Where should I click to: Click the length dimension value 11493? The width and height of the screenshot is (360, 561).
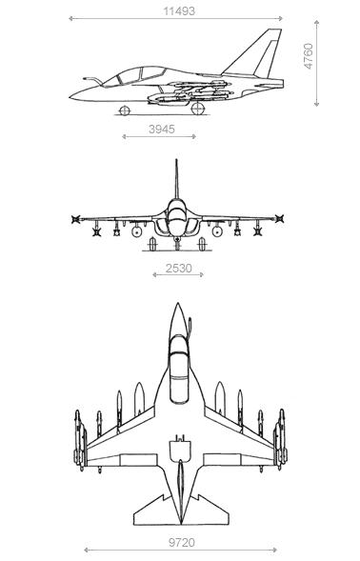[178, 10]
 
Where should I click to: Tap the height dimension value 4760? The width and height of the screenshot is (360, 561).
[309, 55]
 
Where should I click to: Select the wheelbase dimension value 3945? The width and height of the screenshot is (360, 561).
[161, 129]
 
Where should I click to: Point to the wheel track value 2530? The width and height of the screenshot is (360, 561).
[179, 269]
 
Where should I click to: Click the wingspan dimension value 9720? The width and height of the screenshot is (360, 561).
[180, 542]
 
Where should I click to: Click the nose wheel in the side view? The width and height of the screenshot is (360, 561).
[124, 110]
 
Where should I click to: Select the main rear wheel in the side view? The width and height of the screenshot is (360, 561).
[197, 110]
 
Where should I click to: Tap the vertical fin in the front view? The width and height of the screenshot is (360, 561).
[176, 178]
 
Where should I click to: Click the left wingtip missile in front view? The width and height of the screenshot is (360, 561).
[76, 220]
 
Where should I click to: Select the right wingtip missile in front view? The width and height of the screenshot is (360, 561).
[278, 220]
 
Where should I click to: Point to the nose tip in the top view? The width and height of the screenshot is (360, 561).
[177, 307]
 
